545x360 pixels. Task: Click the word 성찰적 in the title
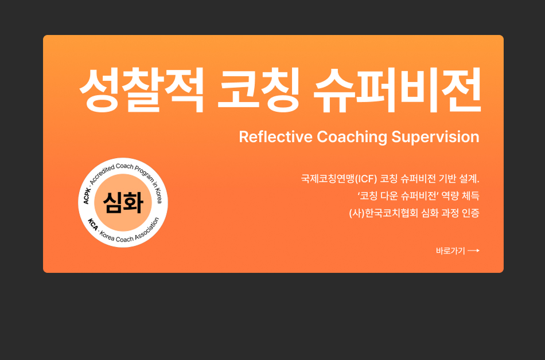click(141, 91)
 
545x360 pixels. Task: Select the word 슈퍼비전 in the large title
click(398, 91)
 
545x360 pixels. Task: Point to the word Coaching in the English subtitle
click(352, 137)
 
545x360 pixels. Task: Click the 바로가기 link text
click(450, 251)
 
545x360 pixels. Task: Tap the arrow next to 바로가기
click(474, 251)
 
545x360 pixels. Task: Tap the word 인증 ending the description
click(470, 213)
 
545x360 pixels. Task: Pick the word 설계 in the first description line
click(468, 178)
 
